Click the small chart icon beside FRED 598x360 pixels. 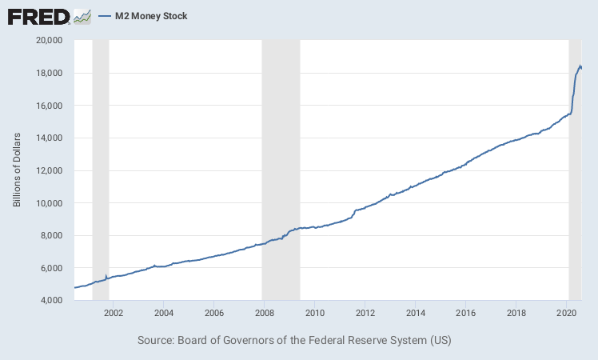pos(82,16)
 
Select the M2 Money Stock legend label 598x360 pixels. pos(151,16)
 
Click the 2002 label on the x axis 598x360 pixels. pos(113,312)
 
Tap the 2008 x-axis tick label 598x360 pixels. pos(264,312)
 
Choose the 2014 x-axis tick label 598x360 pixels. pos(415,312)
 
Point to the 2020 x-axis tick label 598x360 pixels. pos(566,312)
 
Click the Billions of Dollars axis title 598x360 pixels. pos(17,170)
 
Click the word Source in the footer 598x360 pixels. pos(154,341)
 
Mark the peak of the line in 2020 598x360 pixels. pos(580,66)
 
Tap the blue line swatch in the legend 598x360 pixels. pos(104,16)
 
